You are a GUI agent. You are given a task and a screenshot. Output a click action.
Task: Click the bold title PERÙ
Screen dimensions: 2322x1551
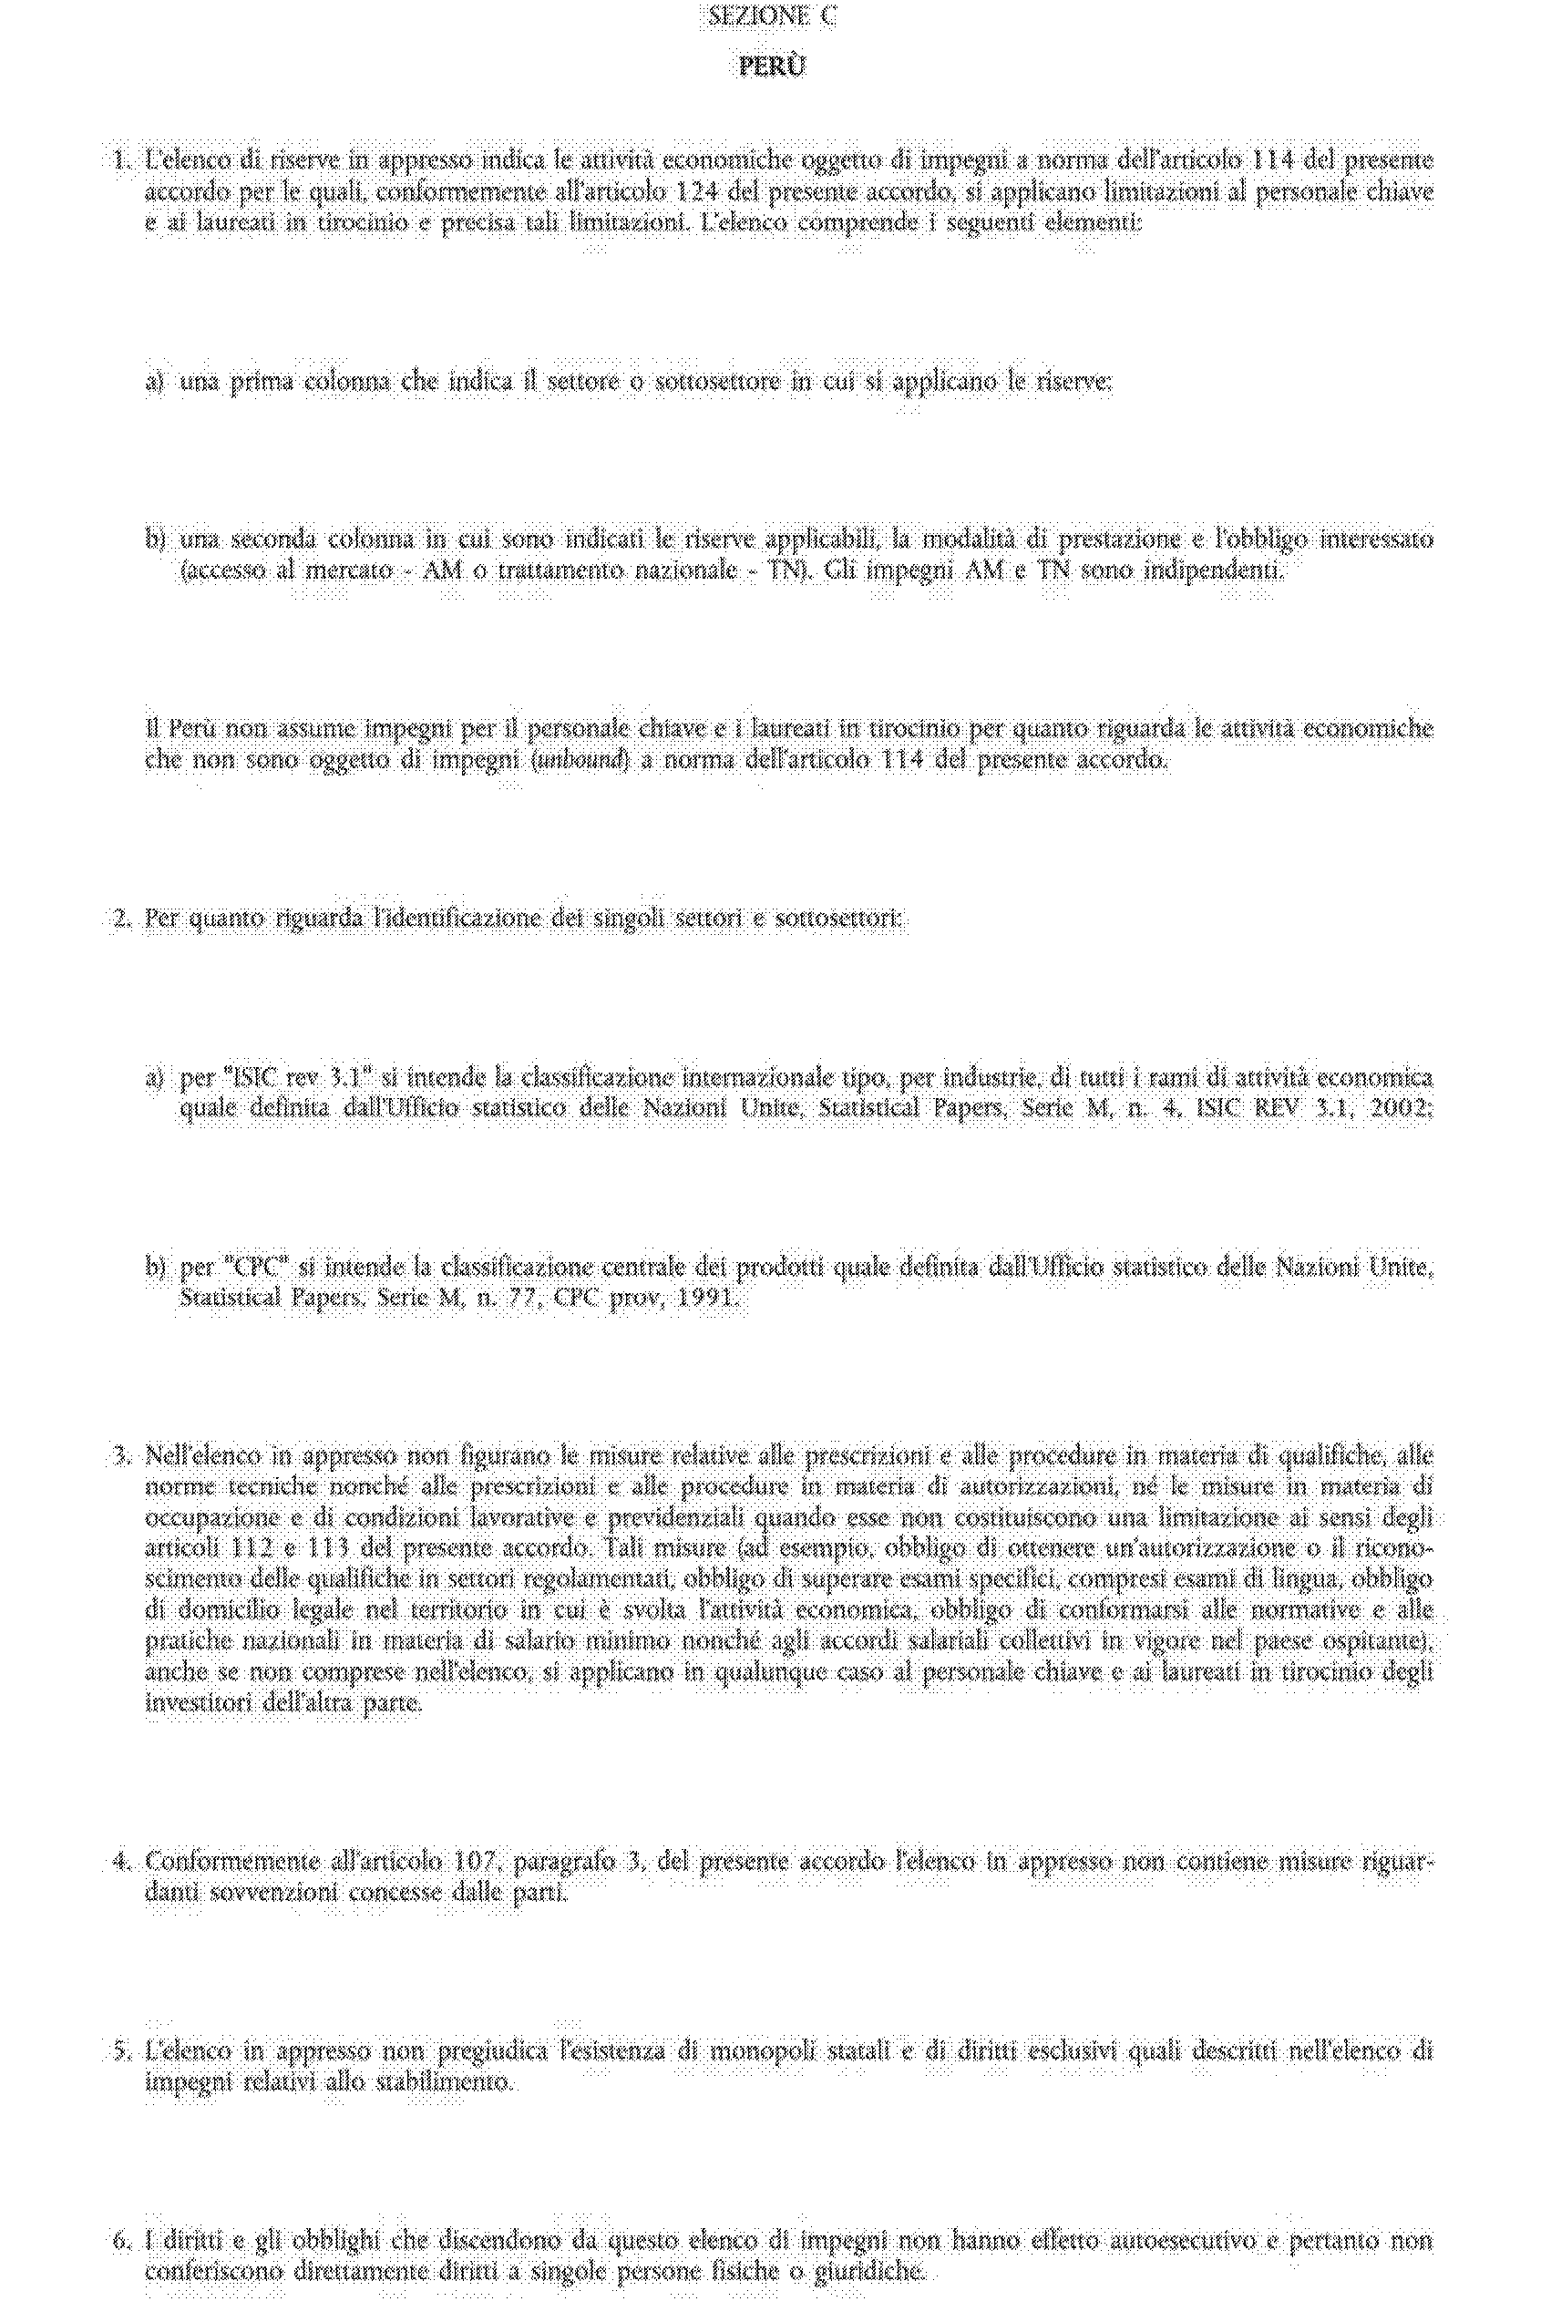[773, 67]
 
